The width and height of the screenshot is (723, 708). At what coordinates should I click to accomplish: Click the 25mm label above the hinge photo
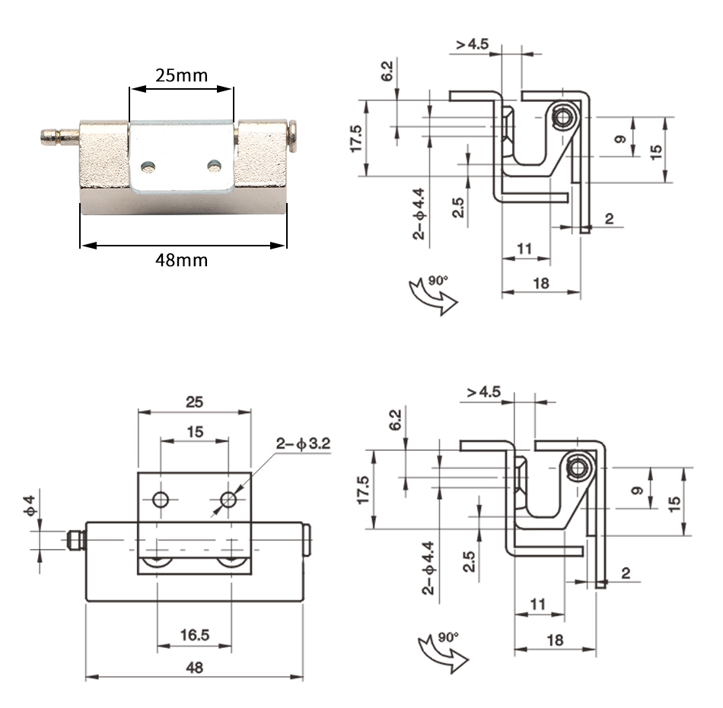[181, 75]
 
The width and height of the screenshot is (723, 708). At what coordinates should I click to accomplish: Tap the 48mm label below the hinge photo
[181, 260]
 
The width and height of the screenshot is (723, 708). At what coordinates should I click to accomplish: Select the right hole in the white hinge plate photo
[215, 165]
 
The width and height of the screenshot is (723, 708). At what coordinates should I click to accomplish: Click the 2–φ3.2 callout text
[304, 443]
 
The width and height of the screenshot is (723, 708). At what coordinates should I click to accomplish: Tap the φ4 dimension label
[29, 505]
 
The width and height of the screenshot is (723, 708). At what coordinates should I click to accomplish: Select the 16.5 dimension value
[195, 635]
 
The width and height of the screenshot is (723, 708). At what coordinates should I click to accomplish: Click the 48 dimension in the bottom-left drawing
[194, 668]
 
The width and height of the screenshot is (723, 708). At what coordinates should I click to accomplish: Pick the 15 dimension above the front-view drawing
[195, 432]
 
